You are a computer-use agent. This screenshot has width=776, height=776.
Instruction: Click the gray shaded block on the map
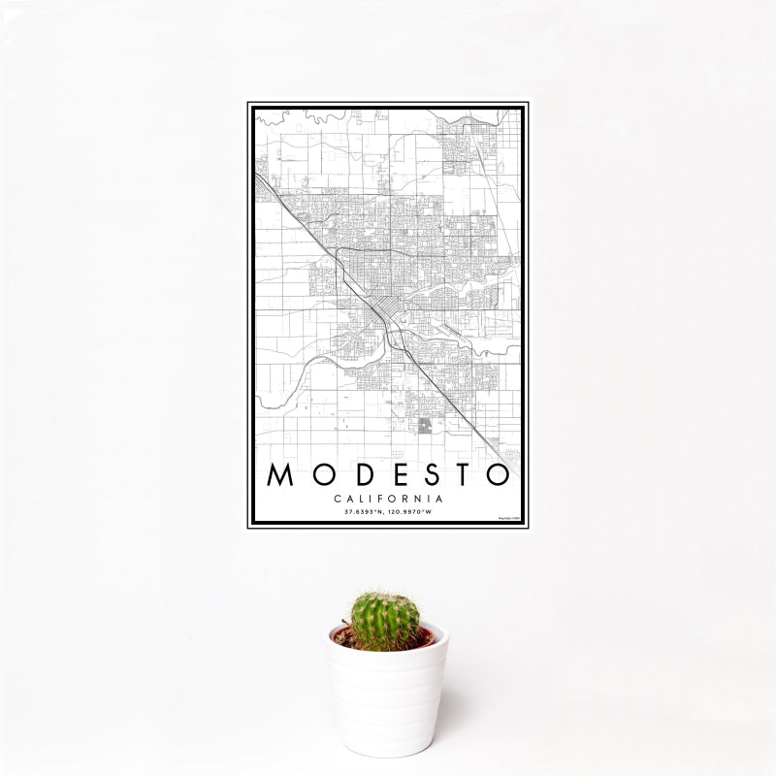(x=425, y=426)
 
